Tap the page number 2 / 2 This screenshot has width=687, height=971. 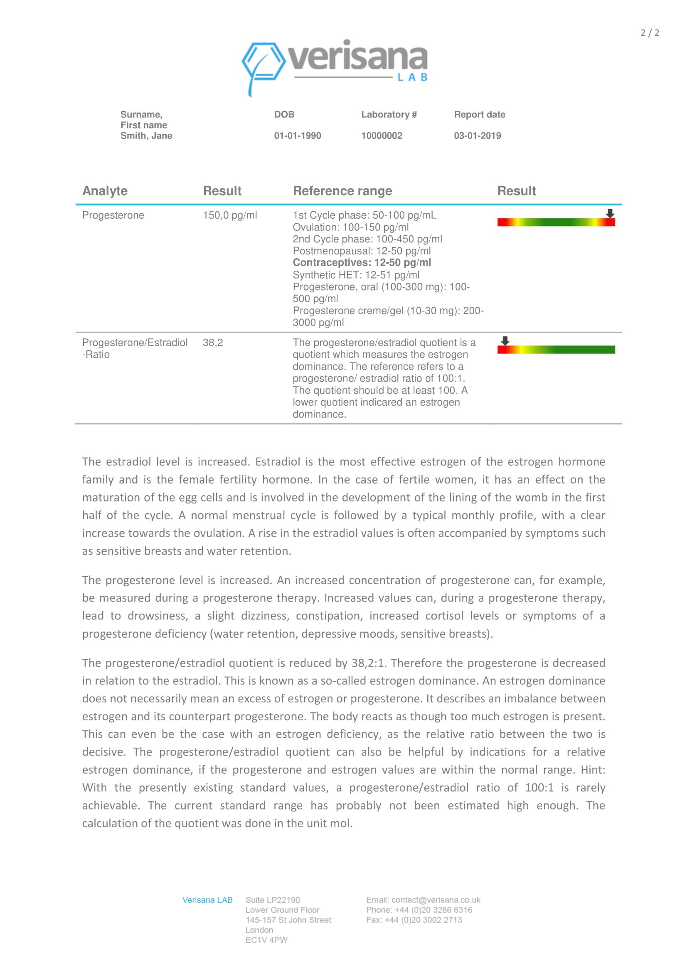(649, 33)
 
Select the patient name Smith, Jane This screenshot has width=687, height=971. (146, 136)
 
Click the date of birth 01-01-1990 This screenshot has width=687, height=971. (297, 136)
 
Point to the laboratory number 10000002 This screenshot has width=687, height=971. (382, 136)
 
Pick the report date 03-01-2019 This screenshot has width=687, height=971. (477, 136)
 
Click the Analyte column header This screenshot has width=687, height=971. (105, 191)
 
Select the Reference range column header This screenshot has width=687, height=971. (342, 191)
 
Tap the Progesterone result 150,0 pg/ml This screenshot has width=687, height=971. (229, 215)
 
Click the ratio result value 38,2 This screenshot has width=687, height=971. (212, 342)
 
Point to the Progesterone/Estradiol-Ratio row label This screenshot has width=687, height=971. (134, 348)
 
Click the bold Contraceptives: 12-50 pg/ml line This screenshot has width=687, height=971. (362, 263)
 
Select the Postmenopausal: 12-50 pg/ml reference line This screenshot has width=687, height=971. (362, 251)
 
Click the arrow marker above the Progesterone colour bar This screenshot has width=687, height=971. (610, 213)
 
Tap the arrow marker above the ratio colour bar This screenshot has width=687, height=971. (505, 341)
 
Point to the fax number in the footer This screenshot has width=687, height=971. (414, 920)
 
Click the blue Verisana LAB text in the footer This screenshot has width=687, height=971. (207, 900)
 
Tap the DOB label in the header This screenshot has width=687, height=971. (284, 115)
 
